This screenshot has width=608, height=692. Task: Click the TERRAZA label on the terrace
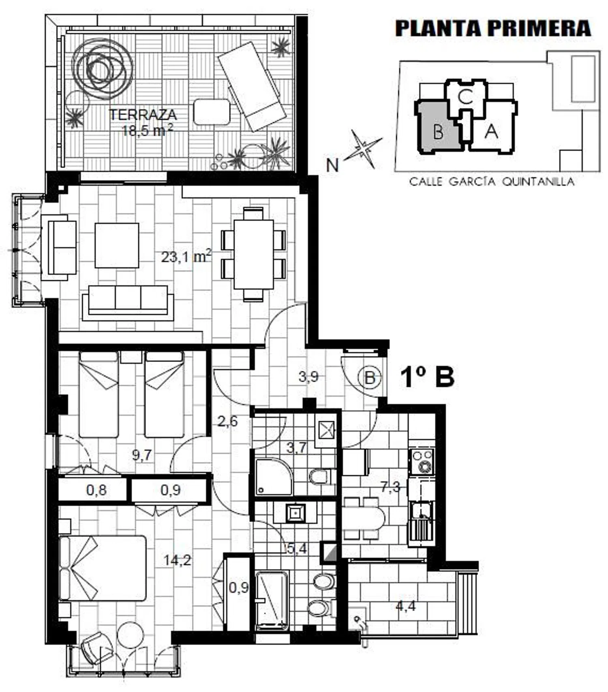coord(143,115)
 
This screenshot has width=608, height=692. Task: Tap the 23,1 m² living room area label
coord(186,256)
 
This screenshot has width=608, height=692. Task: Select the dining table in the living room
coord(254,254)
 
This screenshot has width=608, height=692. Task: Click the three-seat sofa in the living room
coord(128,302)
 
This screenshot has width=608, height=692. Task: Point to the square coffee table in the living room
coord(117,245)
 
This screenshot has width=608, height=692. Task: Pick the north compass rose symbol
coord(363,149)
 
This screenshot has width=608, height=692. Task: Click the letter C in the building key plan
coord(466,97)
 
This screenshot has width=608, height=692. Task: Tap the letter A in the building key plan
coord(491,131)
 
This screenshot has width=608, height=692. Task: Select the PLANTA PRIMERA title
coord(493,28)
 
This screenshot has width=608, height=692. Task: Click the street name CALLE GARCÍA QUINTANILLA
coord(492,181)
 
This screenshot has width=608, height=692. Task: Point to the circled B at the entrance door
coord(370,378)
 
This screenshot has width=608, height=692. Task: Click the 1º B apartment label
coord(427,377)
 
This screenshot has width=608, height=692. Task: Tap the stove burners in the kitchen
coord(422,461)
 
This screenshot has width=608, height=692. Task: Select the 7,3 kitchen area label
coord(390,487)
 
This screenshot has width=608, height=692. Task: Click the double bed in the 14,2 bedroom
coord(102,568)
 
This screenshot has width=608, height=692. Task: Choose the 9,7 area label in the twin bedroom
coord(142,455)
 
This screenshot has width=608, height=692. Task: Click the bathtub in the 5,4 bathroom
coord(272,600)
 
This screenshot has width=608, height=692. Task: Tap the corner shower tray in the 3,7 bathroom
coord(274,477)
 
